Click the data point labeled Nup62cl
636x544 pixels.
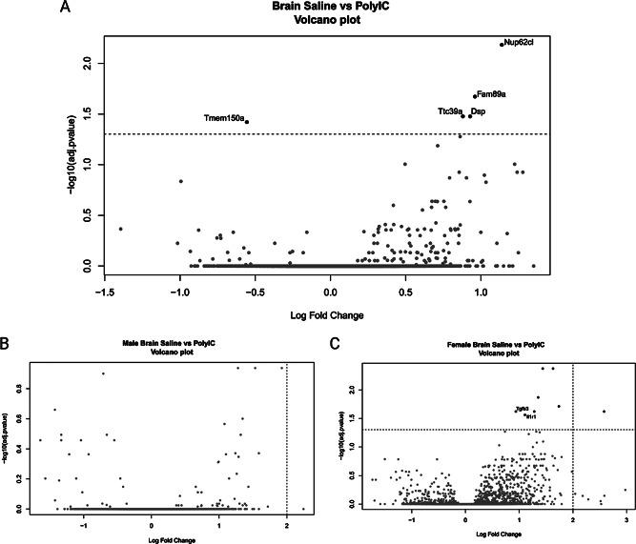click(x=502, y=44)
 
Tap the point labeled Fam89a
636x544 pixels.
click(x=474, y=95)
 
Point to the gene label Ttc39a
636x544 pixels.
click(x=450, y=111)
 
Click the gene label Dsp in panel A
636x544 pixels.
click(x=479, y=111)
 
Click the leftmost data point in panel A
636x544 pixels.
click(x=120, y=229)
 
